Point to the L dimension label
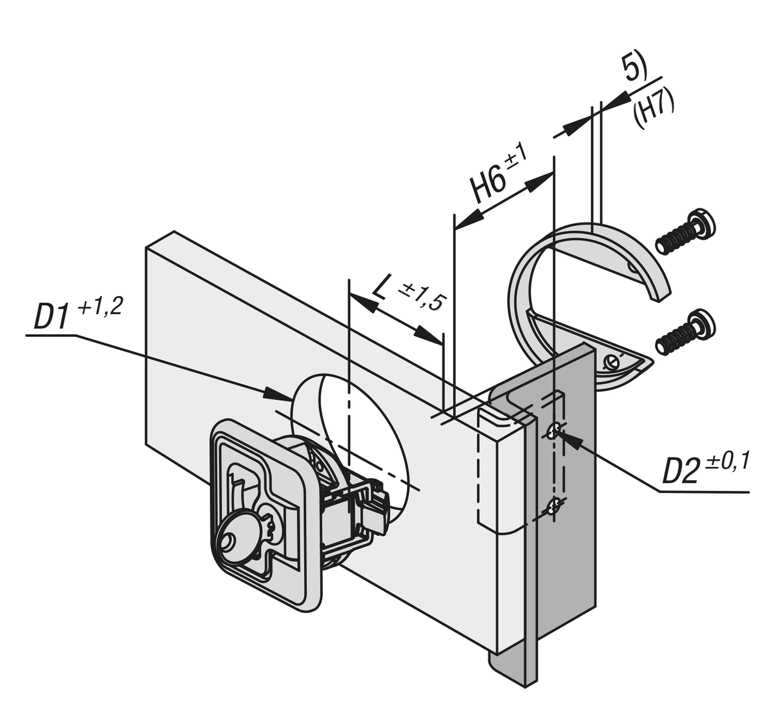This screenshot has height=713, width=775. tap(382, 289)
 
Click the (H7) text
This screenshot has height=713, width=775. tap(653, 109)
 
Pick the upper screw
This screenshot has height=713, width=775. tap(685, 233)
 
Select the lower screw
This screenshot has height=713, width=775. tap(683, 332)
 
